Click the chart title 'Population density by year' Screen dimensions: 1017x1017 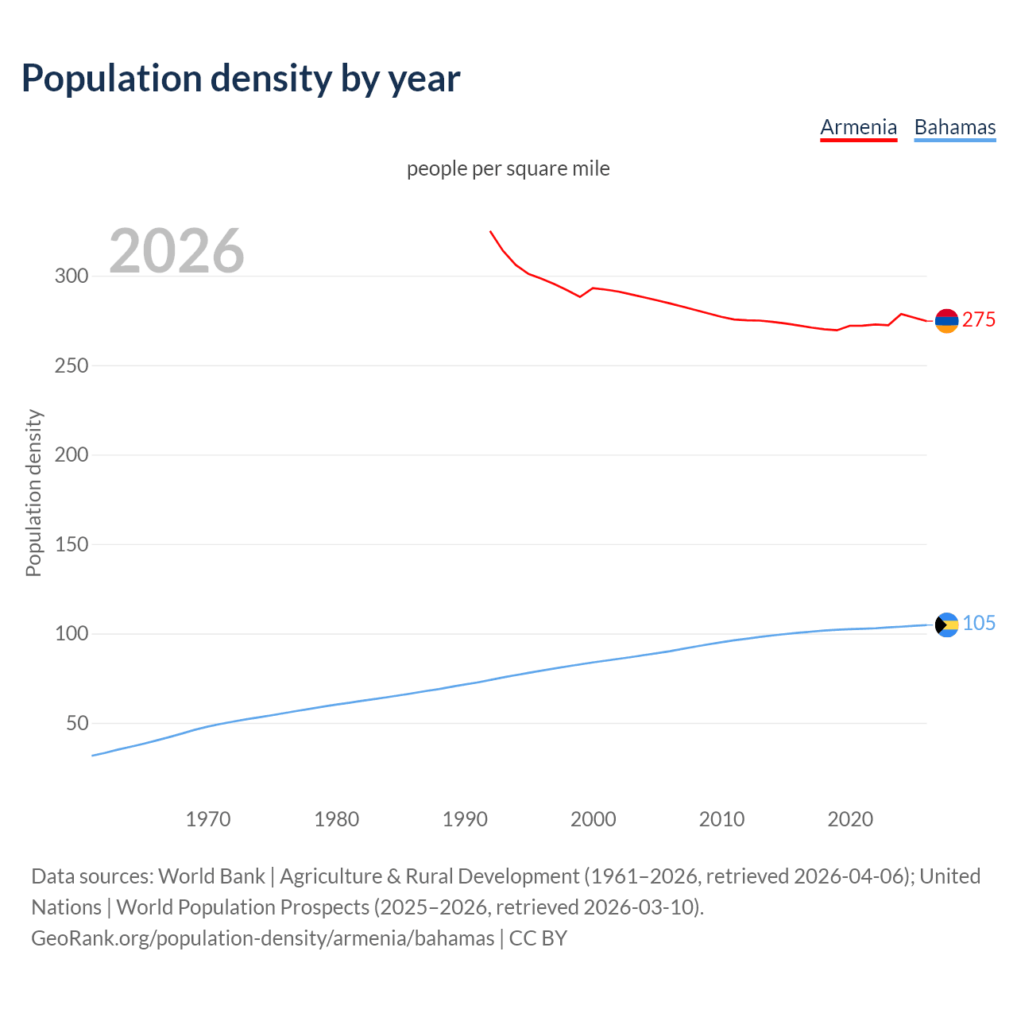241,79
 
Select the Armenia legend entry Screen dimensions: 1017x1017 858,127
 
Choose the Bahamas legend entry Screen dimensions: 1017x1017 954,127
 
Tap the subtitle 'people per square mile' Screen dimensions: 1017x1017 508,168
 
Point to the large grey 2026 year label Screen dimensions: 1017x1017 176,251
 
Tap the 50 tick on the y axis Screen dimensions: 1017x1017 76,723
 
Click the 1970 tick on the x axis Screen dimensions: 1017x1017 208,819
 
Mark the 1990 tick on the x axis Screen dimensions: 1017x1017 465,819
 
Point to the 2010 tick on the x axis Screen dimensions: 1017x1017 721,819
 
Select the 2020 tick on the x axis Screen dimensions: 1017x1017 850,819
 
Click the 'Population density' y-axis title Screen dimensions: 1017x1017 33,493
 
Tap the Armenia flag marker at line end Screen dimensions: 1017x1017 946,321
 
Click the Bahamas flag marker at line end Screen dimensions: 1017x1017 946,625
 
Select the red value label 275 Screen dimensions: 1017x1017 979,319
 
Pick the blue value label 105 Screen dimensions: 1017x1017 979,624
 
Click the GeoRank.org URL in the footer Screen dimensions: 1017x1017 262,938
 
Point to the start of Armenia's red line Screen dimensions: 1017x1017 491,232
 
